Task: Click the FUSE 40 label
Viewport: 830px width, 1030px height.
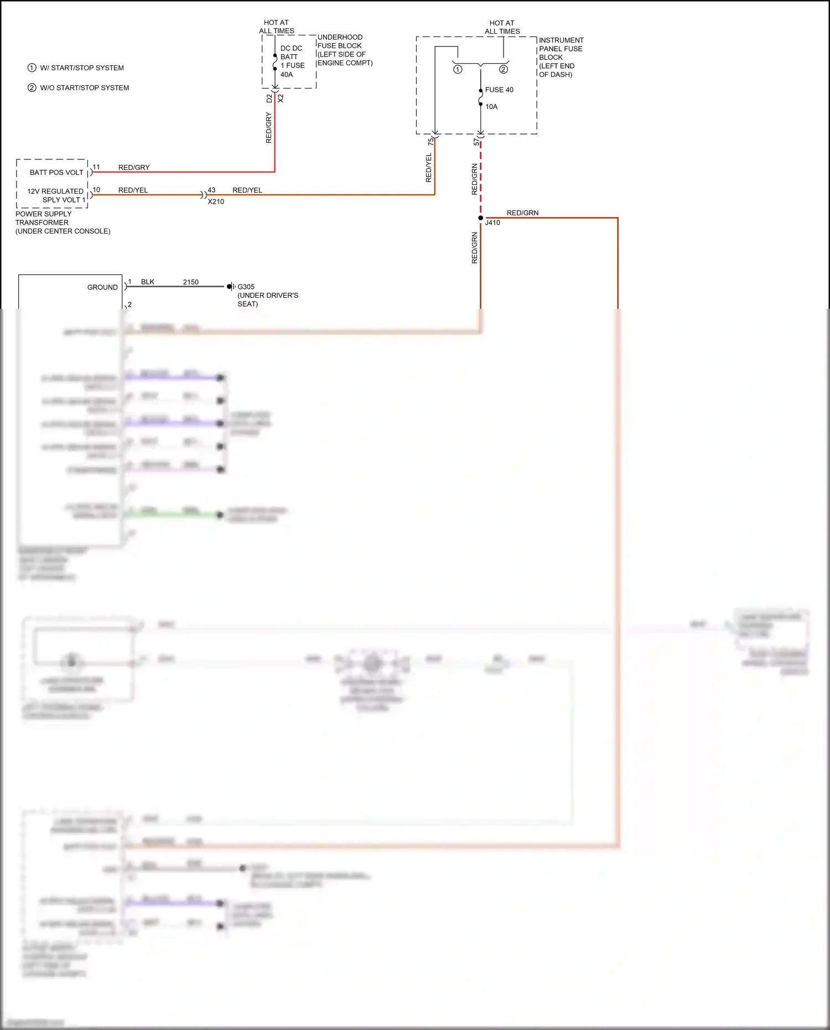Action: pos(499,90)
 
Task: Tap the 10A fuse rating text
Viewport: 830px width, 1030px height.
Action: pos(491,107)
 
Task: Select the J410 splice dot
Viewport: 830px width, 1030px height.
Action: pos(480,218)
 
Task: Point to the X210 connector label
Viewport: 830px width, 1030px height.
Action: pos(216,201)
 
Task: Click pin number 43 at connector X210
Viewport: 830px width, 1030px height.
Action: pos(211,190)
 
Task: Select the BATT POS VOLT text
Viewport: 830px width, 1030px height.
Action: pos(56,173)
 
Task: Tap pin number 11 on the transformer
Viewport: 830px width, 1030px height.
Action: pos(96,167)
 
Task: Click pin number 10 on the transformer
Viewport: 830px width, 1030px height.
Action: pos(96,190)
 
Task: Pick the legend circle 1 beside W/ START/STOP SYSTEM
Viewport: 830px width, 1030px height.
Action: pos(32,68)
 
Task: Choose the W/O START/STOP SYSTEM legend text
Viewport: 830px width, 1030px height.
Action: pos(84,87)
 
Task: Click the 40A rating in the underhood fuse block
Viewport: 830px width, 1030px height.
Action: pos(287,75)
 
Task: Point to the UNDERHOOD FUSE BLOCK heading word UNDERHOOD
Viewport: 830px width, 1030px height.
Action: pos(340,37)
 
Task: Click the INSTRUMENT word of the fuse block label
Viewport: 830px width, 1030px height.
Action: pos(561,40)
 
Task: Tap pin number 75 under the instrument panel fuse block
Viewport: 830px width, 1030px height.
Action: pos(430,142)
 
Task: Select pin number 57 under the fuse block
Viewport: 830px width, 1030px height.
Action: pos(476,143)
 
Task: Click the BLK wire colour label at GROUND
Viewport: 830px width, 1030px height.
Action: pos(148,282)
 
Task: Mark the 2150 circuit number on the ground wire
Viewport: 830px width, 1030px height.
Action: pos(191,282)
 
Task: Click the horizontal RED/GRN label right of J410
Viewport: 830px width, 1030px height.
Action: pos(522,213)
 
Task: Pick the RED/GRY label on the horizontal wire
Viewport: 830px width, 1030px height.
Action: pos(134,168)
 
